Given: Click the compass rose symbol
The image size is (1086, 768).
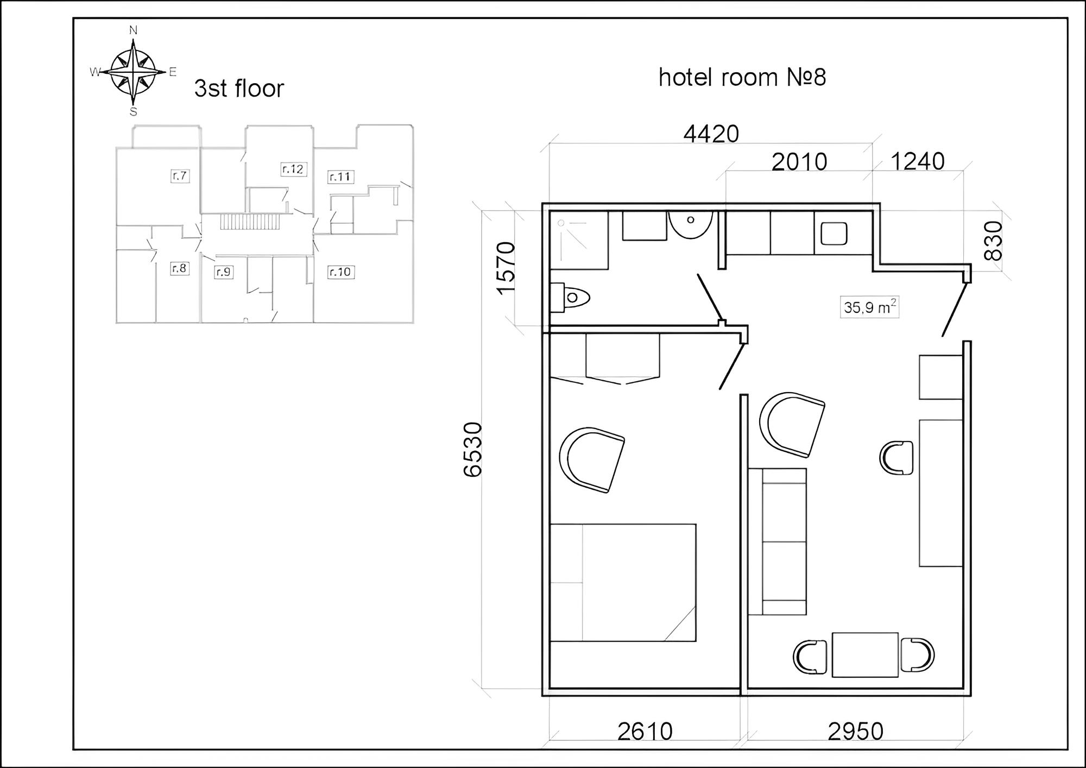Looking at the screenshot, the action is pos(133,71).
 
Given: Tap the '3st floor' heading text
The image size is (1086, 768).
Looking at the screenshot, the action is pos(239,89).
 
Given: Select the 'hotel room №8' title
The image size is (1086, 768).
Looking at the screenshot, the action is pos(742,77).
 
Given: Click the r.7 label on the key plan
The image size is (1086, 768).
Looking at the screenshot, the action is pos(180,175).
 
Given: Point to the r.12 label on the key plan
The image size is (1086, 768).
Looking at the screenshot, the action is pos(293,169).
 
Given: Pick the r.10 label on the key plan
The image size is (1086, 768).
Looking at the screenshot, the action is pos(340,272).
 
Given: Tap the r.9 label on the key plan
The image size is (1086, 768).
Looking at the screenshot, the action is pos(223,272).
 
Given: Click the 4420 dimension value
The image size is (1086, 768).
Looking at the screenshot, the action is pos(711,134).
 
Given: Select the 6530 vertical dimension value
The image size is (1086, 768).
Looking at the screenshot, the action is pos(473,449).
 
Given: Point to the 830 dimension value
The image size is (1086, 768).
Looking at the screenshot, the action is pos(993,241).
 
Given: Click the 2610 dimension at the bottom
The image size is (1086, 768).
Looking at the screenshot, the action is pos(645,732).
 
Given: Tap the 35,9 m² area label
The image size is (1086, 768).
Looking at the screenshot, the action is pos(869,307).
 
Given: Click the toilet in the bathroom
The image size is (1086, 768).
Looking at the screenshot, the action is pos(570,298).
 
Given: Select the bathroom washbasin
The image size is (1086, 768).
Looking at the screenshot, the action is pos(690,224).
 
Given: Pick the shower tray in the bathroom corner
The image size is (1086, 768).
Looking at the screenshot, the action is pos(579,241).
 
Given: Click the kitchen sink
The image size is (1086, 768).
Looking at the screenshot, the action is pos(834,234).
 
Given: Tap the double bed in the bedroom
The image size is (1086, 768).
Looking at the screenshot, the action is pos(623,582).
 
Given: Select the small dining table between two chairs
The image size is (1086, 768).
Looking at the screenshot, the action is pos(865,654).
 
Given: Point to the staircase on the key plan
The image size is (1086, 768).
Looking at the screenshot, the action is pos(250,222).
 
